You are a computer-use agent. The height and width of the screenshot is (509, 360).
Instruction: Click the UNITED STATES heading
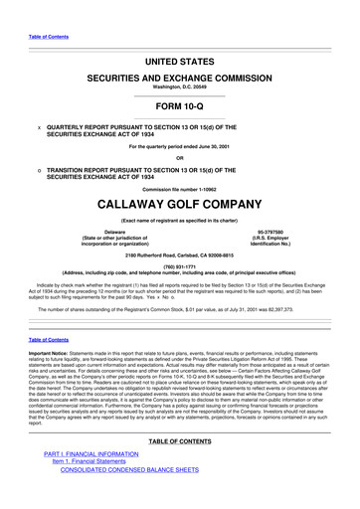click(179, 62)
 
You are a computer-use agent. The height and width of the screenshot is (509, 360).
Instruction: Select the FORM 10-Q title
click(179, 107)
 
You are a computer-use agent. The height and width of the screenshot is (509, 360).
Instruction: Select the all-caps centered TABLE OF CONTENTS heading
click(179, 441)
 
